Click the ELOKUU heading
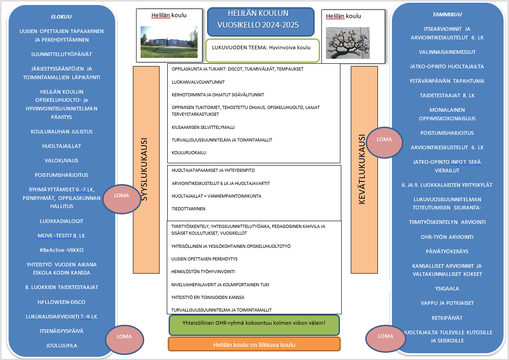61,17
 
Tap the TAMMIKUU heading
447,14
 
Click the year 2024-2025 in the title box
277,25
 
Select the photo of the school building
169,42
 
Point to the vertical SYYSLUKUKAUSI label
146,170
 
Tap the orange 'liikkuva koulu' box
254,345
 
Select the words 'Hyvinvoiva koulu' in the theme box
289,47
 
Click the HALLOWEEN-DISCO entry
61,302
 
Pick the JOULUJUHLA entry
61,346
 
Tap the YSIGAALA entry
447,288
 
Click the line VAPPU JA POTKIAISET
447,303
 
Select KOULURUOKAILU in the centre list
189,153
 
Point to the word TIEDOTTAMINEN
189,209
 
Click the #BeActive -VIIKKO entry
61,250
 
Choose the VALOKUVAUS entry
61,160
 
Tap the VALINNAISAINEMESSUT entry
447,52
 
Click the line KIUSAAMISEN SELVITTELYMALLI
203,128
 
